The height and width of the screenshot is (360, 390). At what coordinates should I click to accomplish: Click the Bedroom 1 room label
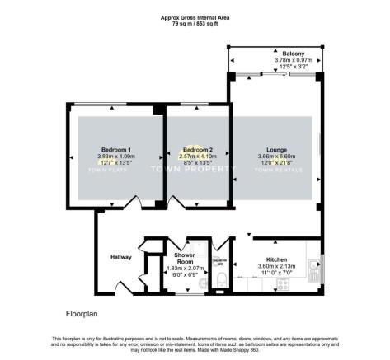[x=115, y=148]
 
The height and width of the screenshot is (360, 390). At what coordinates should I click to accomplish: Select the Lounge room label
[x=277, y=150]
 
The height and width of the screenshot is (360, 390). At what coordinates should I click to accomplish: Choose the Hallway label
[x=121, y=258]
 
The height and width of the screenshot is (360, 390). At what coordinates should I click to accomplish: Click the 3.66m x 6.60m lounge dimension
[x=277, y=157]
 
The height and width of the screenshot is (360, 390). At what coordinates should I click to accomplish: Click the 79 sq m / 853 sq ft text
[x=195, y=21]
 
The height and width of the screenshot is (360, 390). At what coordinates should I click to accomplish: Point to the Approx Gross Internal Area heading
[x=195, y=15]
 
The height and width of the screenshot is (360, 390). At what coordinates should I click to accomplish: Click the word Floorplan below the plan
[x=82, y=314]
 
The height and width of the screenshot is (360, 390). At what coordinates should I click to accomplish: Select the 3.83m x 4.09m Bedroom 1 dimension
[x=115, y=156]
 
